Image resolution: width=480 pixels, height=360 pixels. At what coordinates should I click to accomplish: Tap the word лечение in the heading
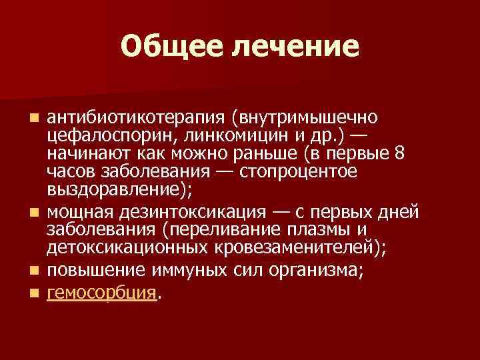[x=294, y=46]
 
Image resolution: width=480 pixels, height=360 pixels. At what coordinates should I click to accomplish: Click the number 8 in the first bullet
[x=399, y=153]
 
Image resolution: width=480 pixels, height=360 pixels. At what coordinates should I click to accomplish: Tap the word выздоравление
[x=117, y=189]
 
